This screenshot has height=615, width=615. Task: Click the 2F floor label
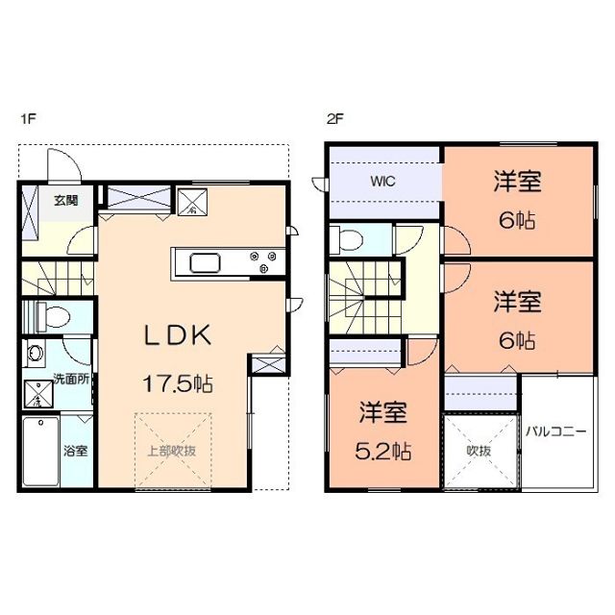(x=334, y=120)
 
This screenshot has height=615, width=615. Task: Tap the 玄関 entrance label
(x=66, y=200)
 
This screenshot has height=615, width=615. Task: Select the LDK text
(x=178, y=335)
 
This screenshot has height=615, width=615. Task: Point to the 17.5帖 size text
(x=179, y=381)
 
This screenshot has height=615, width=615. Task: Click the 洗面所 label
(x=71, y=380)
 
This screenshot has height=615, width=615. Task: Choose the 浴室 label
(x=76, y=449)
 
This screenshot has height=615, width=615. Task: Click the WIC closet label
(x=383, y=181)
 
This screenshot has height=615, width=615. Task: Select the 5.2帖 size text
(x=384, y=449)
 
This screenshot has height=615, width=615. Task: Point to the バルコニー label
(x=555, y=431)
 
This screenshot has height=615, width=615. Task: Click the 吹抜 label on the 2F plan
(x=480, y=449)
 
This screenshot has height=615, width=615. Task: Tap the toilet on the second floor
(x=352, y=237)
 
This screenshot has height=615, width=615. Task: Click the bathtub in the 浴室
(x=41, y=452)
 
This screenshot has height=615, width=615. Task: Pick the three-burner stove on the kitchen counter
(x=262, y=261)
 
